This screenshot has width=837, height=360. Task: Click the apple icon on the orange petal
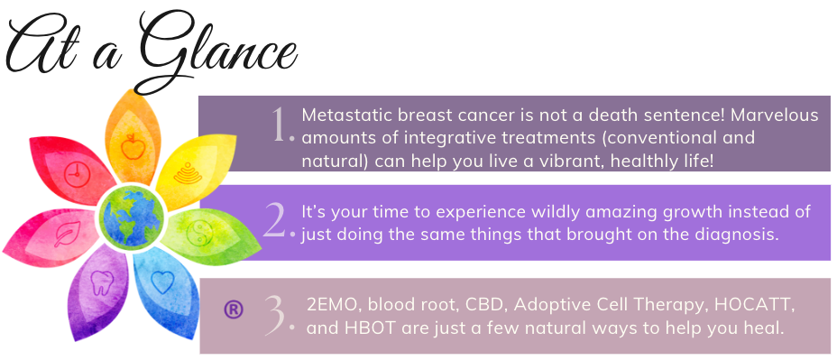pyautogui.click(x=132, y=147)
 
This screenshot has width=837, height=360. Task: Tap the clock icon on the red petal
pyautogui.click(x=77, y=173)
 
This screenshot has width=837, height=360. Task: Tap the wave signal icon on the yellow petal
pyautogui.click(x=188, y=173)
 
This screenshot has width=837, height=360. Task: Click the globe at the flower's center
pyautogui.click(x=131, y=217)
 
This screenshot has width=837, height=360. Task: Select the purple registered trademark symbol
pyautogui.click(x=234, y=309)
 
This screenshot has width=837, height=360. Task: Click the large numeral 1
pyautogui.click(x=281, y=127)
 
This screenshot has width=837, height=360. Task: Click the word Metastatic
pyautogui.click(x=346, y=115)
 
